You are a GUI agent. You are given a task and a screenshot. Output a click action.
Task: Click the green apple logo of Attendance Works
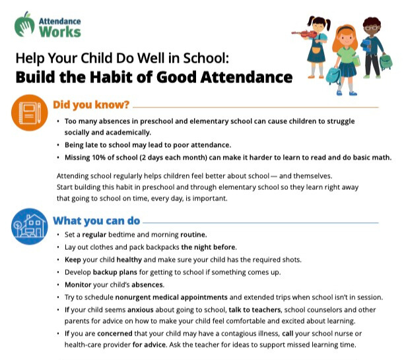point(26,23)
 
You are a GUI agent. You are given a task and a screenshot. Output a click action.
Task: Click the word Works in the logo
point(64,31)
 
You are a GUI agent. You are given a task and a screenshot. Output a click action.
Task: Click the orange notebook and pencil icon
point(30,113)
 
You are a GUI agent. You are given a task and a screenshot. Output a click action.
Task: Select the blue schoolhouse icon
point(30,226)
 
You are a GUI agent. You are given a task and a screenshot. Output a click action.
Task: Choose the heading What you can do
point(96,220)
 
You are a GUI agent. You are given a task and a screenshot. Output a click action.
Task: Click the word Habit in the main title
point(131,77)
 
